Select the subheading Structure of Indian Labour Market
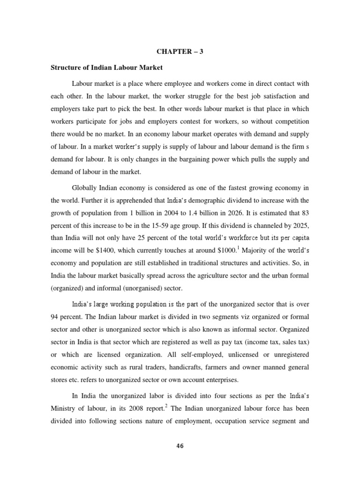(106, 67)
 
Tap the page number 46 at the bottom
(180, 446)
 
